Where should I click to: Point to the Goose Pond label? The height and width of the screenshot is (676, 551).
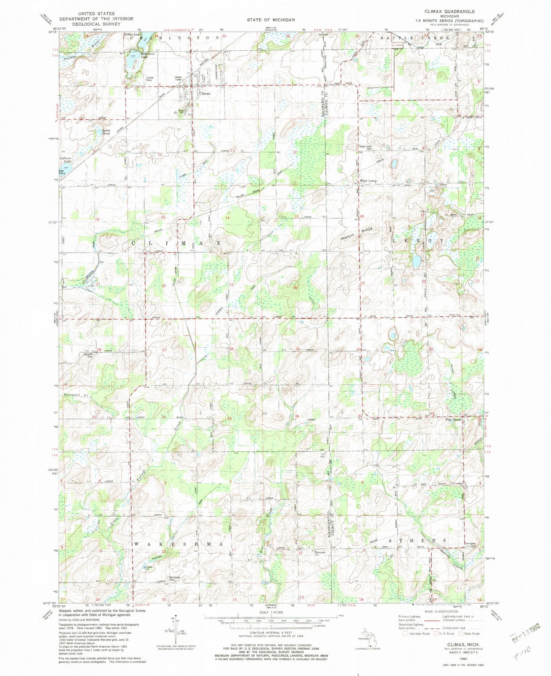coord(106,132)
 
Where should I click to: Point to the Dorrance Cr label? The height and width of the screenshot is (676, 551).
coord(76,395)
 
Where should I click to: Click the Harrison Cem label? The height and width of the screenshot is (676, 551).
coord(88,355)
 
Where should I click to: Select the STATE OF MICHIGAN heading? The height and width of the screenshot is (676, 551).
coord(270,20)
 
